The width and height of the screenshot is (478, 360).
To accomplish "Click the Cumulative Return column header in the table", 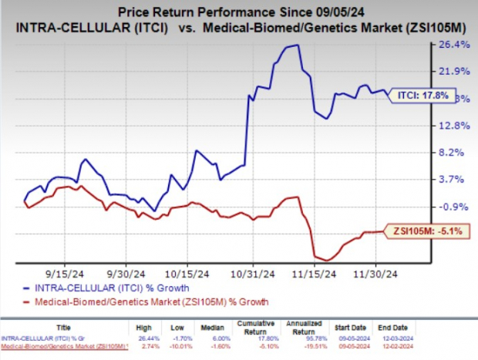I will pos(254,327).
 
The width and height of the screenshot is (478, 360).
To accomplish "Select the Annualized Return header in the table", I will pos(301,327).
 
